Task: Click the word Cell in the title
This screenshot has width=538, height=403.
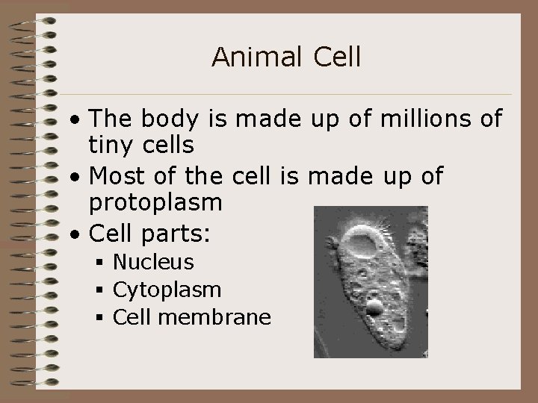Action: [x=337, y=57]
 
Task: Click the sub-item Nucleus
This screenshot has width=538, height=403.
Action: [x=153, y=262]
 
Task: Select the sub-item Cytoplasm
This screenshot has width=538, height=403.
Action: [x=167, y=290]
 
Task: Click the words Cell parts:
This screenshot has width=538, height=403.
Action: [x=150, y=234]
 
